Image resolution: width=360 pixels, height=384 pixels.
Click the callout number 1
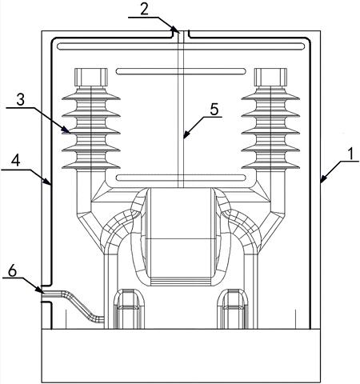[x=351, y=154]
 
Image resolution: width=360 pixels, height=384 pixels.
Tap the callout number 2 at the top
[x=144, y=10]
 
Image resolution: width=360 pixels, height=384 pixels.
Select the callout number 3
[x=20, y=99]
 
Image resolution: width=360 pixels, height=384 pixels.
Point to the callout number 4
[x=16, y=161]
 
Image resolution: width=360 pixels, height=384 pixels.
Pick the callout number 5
[x=214, y=110]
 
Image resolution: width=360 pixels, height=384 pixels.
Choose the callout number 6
[x=12, y=271]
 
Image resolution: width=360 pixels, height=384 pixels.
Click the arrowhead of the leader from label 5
[x=186, y=135]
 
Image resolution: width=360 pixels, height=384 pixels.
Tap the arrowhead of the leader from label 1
[x=322, y=180]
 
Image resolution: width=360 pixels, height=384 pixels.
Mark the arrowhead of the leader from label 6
[x=39, y=290]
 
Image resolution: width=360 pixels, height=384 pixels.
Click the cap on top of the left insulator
[x=91, y=77]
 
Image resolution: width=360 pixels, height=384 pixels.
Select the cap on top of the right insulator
[x=270, y=77]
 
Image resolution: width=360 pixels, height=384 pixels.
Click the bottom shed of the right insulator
[x=270, y=165]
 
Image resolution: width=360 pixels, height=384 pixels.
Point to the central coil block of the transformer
[x=181, y=236]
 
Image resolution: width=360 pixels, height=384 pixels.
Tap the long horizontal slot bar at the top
[x=181, y=46]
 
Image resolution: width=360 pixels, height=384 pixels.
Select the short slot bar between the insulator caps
[x=181, y=71]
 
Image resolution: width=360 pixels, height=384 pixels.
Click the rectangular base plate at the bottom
[x=181, y=356]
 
